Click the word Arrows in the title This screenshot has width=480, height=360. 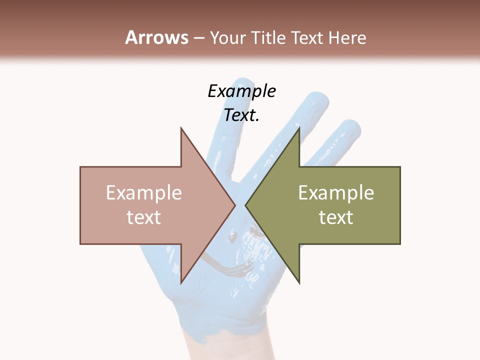click(156, 37)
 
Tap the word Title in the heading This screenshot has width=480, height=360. click(269, 38)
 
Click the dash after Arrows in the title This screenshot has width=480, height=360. click(198, 38)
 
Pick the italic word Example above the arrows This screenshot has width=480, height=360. click(241, 91)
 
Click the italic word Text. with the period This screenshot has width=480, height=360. click(241, 115)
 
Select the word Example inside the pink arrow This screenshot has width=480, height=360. click(143, 193)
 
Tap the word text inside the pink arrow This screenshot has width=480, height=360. click(143, 217)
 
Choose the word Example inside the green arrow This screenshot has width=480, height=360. click(336, 193)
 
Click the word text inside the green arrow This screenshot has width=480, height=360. click(336, 217)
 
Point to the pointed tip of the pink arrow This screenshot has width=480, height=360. click(235, 205)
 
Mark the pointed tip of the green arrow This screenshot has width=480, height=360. click(245, 205)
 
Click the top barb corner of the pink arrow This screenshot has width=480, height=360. click(181, 128)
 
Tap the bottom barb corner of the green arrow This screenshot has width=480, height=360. click(299, 283)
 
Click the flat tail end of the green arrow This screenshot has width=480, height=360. click(400, 205)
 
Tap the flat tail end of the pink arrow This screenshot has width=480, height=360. click(80, 205)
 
